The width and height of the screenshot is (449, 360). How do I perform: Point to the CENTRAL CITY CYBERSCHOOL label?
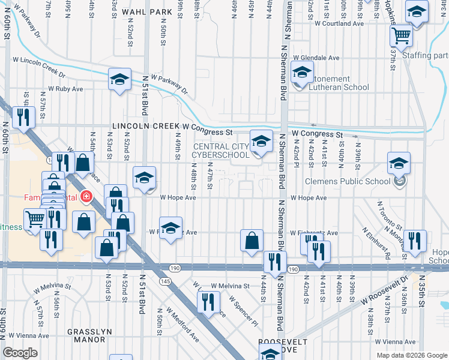point(220,151)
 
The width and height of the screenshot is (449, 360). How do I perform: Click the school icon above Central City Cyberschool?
point(261,142)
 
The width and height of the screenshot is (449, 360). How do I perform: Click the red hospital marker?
point(86,197)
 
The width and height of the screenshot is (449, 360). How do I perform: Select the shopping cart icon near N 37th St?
point(401,35)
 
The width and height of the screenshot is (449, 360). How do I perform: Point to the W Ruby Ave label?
point(66,89)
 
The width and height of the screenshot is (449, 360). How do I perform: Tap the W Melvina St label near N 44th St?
point(229,286)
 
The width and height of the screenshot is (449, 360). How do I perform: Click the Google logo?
point(20,353)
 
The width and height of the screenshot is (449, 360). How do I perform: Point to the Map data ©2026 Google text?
point(411,355)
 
